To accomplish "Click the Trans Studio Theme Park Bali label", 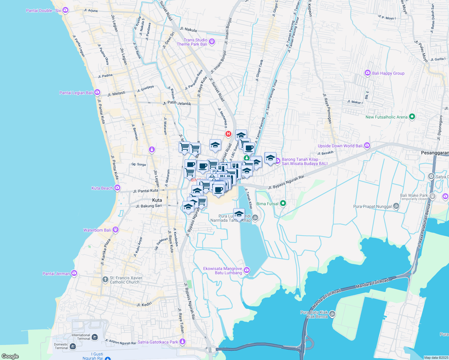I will coord(192,42).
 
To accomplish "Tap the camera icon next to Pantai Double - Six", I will coord(65,10).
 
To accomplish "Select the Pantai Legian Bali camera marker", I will coord(97,92).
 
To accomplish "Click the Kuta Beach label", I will coord(102,188).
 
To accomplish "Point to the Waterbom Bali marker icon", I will coord(116,230).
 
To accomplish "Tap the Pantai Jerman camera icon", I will coord(74,273).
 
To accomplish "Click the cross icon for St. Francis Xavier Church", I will coord(105,280).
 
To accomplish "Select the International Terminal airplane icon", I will coord(95,337).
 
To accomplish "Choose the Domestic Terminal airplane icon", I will coord(73,346).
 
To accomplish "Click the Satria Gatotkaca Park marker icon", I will coord(182,342).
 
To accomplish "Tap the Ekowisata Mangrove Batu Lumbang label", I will coord(222,271).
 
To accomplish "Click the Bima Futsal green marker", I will coord(283,203).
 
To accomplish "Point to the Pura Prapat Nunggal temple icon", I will coord(396,206).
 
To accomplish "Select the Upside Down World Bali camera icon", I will coord(367,145).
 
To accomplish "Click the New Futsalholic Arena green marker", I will coord(412,117).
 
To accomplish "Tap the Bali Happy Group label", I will coord(388,73).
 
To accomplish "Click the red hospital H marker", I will coord(228,134).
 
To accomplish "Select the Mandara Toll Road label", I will coord(372,283).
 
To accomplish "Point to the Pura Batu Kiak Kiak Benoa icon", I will coord(332,314).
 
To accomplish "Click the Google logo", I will coord(10,356).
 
